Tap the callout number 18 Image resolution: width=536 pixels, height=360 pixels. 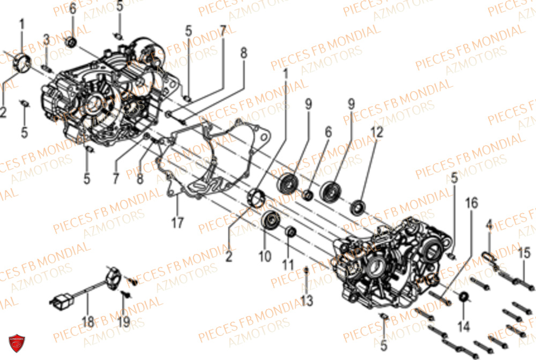click(88, 322)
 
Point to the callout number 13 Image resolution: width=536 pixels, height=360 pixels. click(306, 301)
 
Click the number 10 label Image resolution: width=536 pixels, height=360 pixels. click(265, 257)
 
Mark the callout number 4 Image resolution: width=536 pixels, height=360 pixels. click(489, 227)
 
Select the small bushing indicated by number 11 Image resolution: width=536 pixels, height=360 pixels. click(291, 231)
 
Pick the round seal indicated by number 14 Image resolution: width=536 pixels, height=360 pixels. click(464, 297)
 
